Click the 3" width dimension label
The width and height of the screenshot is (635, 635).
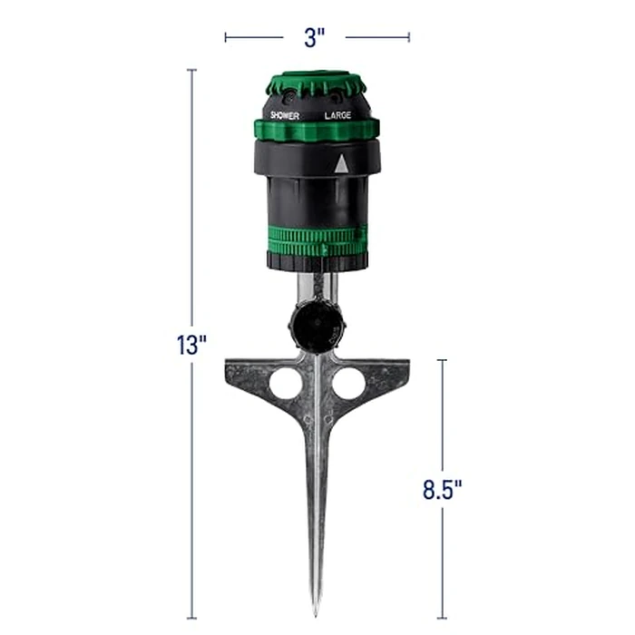[316, 37]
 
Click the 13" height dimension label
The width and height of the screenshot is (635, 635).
[191, 345]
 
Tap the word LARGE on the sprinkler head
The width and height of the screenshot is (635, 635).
[338, 116]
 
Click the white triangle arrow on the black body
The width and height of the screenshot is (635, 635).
[341, 164]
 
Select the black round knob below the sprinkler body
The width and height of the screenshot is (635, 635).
[311, 324]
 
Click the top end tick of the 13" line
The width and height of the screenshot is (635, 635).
[191, 70]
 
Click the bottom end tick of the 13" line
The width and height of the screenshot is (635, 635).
[191, 619]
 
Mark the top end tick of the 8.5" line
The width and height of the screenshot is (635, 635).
[442, 360]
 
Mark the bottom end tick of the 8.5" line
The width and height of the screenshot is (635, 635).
[442, 619]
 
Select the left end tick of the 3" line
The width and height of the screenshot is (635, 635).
[225, 37]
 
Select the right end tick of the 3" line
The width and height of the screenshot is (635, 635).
[409, 37]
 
